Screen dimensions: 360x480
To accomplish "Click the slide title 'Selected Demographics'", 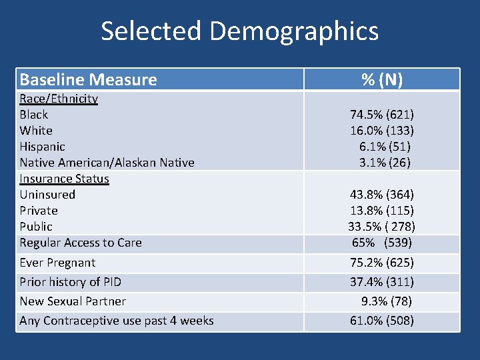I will (x=239, y=31).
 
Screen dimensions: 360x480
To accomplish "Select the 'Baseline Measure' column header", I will (x=88, y=80).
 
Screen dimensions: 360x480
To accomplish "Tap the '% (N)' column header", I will (x=381, y=80).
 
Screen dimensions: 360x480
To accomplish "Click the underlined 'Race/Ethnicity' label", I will (x=59, y=99).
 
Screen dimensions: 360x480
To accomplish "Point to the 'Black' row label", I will (x=34, y=115).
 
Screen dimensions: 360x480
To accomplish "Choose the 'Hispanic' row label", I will (x=43, y=147).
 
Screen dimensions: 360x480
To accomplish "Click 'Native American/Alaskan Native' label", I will (x=107, y=163).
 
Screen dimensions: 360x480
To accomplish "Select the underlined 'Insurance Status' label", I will (x=64, y=179).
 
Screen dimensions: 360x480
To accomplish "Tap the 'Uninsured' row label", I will (x=47, y=195).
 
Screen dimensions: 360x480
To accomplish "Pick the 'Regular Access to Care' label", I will (x=81, y=243).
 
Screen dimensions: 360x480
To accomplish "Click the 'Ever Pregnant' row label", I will (x=57, y=263).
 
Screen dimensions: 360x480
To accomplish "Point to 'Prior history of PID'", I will (x=70, y=282).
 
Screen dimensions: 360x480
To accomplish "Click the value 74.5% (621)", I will (x=382, y=115).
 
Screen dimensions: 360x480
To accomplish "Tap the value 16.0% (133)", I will (x=382, y=131).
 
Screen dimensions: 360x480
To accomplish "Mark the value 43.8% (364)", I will (x=382, y=195).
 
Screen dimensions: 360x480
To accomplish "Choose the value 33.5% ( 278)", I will (x=382, y=227).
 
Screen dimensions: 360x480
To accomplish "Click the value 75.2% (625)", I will (x=382, y=263).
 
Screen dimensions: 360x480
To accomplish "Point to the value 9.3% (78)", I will (x=386, y=301).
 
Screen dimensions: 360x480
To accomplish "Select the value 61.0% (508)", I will (x=382, y=321).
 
